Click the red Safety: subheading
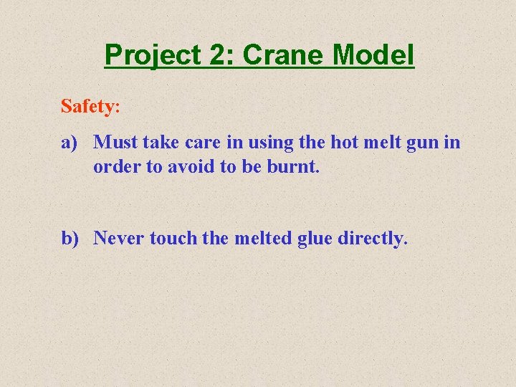(x=90, y=107)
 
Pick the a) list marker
(x=69, y=143)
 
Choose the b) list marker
(x=70, y=238)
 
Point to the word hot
(x=344, y=143)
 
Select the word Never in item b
(x=119, y=238)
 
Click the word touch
(x=173, y=238)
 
